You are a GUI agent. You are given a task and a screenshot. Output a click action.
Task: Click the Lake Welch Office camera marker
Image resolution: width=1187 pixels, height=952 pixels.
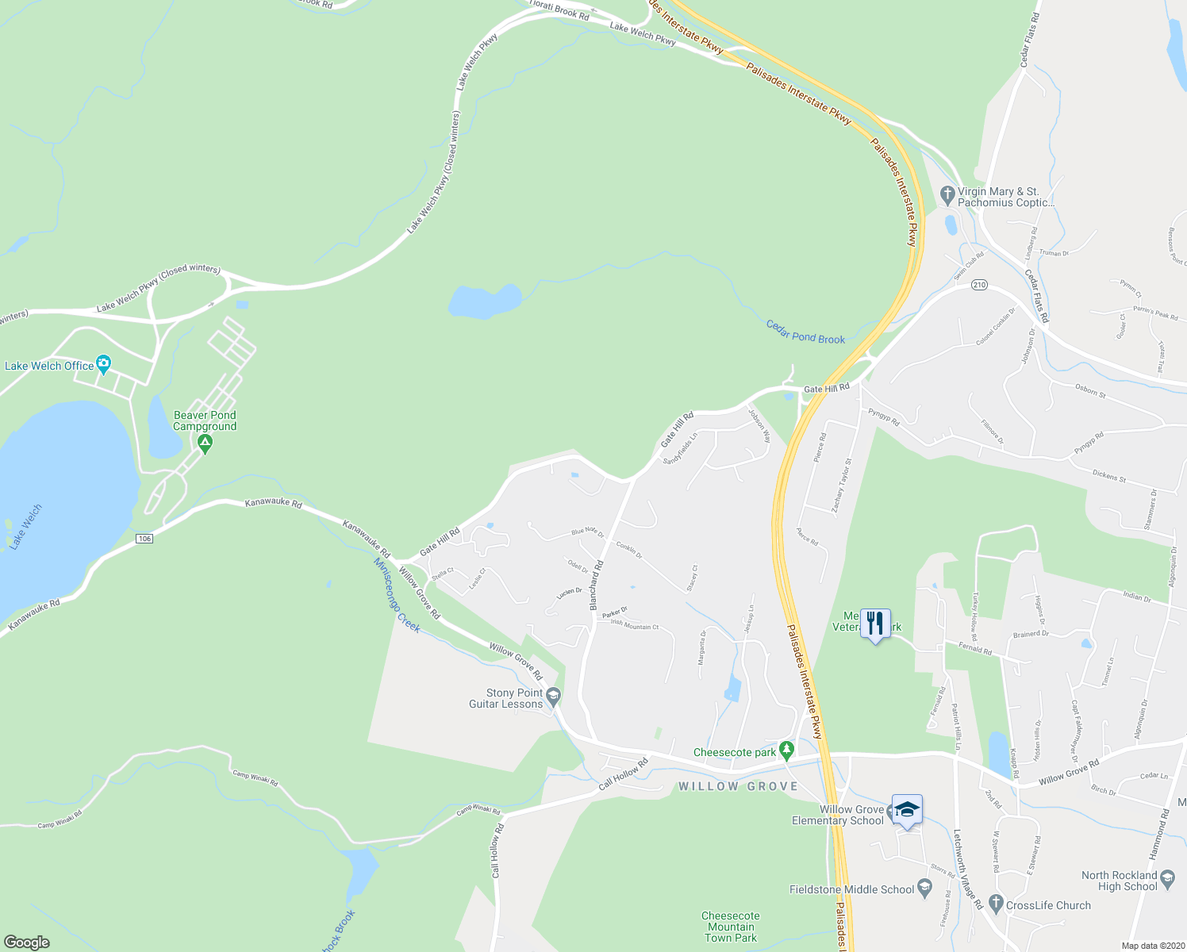tap(103, 365)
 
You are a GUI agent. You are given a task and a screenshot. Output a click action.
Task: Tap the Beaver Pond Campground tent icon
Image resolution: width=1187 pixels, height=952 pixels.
tap(206, 444)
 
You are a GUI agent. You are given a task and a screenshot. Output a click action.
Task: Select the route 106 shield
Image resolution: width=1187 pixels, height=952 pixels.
tap(144, 539)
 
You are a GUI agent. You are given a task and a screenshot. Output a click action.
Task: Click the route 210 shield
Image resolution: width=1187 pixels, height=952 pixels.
tap(979, 285)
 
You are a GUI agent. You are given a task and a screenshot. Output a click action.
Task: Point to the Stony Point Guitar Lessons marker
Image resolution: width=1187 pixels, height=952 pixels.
tap(554, 697)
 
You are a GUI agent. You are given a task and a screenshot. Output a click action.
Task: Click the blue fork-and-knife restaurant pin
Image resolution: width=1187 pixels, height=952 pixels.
tap(875, 624)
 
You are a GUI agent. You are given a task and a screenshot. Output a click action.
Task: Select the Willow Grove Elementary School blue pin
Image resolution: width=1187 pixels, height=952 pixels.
tap(907, 810)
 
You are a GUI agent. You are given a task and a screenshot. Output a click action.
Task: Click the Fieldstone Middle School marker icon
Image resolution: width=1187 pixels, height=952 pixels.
tap(924, 889)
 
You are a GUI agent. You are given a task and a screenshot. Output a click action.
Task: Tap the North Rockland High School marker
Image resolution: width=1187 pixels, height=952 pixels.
tap(1167, 879)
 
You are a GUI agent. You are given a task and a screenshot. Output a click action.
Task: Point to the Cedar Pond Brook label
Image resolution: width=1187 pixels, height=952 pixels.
tap(805, 332)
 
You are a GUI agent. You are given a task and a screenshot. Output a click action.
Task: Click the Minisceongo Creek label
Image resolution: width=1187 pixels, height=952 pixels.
tap(397, 594)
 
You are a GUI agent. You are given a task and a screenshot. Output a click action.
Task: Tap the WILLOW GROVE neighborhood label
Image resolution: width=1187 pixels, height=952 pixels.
tap(738, 786)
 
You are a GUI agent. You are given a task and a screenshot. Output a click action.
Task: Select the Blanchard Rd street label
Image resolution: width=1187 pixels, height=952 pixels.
tap(597, 585)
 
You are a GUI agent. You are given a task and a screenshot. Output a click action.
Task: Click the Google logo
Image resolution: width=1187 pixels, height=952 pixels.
tap(27, 942)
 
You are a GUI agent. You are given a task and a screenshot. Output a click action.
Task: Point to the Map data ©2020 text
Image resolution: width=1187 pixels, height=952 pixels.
tap(1152, 946)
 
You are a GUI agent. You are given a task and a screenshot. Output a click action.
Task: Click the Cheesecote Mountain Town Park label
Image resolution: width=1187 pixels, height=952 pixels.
tap(731, 927)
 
